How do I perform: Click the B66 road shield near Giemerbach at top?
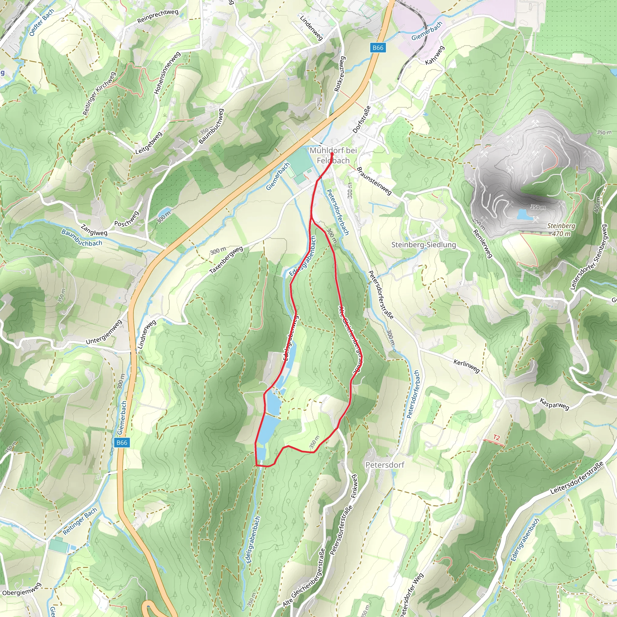point(378,48)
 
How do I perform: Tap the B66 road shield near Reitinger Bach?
point(122,443)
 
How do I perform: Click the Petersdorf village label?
point(385,465)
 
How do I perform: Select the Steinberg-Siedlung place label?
point(424,245)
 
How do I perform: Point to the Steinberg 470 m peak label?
point(561,230)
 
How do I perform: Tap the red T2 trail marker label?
point(496,437)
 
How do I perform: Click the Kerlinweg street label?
point(467,366)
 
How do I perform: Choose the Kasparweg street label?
point(554,404)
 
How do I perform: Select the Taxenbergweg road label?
point(226,260)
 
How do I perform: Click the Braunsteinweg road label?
point(374,181)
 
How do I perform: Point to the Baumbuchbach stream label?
point(82,238)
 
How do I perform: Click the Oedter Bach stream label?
point(42,22)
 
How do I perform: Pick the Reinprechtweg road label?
point(158,17)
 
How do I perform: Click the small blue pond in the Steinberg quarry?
point(525,214)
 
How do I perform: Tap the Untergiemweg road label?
point(104,332)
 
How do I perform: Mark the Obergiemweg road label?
point(22,589)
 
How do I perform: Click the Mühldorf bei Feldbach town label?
point(333,155)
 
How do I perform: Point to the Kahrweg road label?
point(435,55)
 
